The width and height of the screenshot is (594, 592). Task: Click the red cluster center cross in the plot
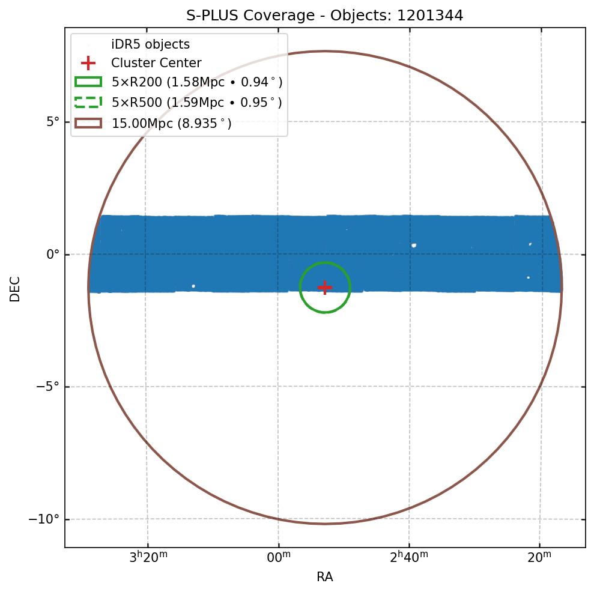click(325, 288)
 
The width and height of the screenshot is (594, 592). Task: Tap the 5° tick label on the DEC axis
click(53, 122)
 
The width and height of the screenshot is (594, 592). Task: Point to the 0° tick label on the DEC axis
click(53, 255)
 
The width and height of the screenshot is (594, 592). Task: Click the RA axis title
click(325, 578)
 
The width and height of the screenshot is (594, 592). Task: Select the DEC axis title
click(15, 289)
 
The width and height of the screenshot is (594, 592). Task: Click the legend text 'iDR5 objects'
click(150, 44)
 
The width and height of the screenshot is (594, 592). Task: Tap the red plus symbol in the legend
click(88, 63)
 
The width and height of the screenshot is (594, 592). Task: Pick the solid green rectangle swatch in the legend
click(88, 82)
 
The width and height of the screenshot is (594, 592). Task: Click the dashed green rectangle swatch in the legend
click(88, 102)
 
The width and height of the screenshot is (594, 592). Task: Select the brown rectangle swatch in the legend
click(88, 123)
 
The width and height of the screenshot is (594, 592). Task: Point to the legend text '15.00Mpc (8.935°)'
click(172, 124)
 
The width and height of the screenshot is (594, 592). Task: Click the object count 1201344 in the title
click(430, 16)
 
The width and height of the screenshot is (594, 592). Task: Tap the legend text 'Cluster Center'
click(156, 63)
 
